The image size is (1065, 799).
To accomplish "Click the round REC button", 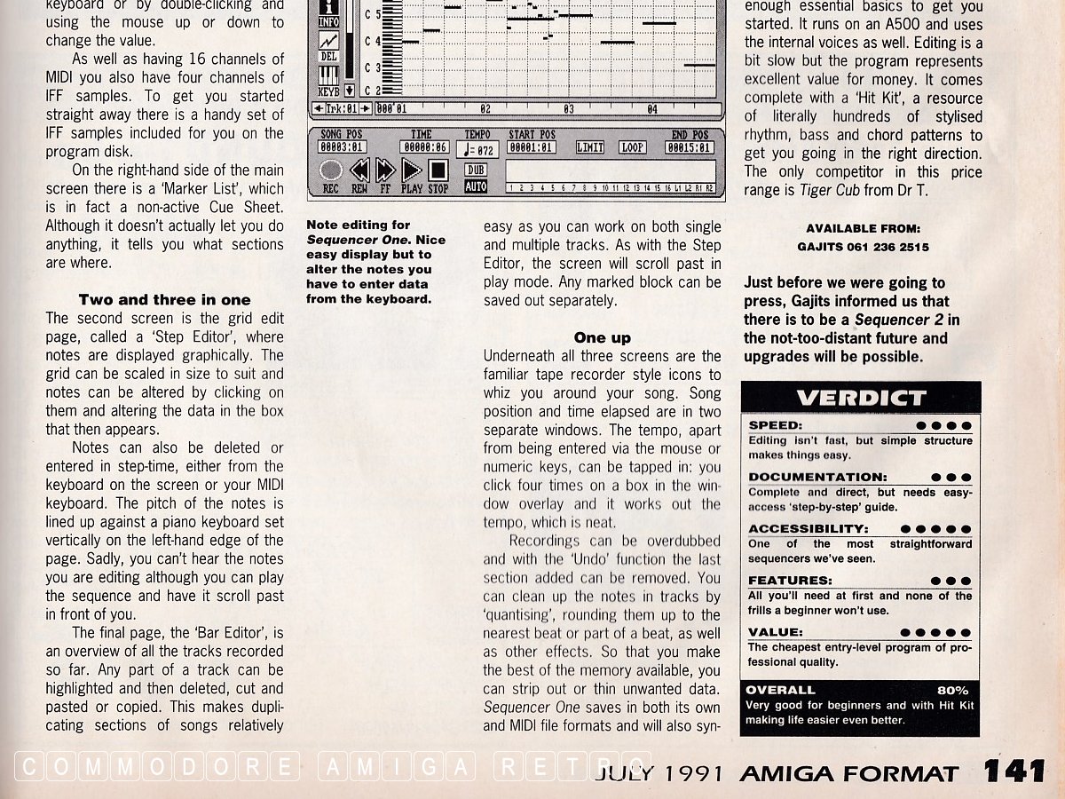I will tap(331, 170).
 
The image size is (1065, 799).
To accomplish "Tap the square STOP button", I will tap(438, 170).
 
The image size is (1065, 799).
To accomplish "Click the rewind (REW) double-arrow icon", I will tap(359, 170).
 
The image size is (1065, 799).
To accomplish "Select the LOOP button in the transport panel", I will tap(632, 147).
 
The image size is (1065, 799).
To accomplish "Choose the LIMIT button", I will tap(590, 147).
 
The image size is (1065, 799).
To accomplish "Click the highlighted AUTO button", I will tap(476, 187).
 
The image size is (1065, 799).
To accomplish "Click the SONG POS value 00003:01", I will tap(343, 147).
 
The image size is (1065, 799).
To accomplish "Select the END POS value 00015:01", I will tap(689, 147).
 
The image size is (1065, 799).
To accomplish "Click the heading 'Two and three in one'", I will tap(164, 300).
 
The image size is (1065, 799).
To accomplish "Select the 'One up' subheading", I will tap(603, 337).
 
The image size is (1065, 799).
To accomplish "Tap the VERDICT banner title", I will tap(861, 398).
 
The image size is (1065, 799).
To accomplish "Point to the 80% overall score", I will tap(952, 690).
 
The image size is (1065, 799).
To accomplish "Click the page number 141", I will tap(1014, 771).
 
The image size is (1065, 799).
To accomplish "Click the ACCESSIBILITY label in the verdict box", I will tap(808, 529).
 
